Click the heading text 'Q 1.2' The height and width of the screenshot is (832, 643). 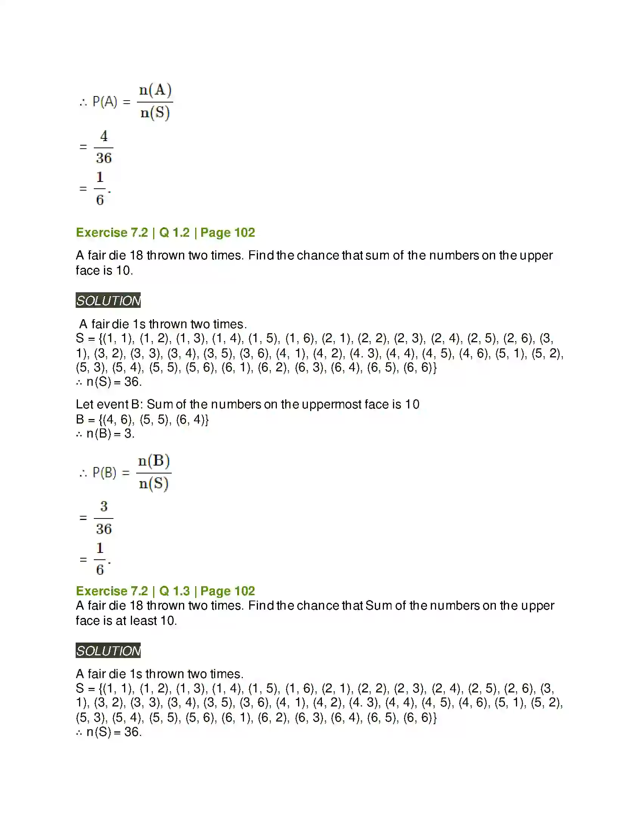pos(174,232)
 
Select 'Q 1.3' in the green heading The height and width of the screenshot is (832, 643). pos(174,591)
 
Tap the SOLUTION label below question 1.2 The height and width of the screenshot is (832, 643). pos(108,301)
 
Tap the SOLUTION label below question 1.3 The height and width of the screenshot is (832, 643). pos(108,651)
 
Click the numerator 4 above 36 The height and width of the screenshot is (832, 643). pos(104,136)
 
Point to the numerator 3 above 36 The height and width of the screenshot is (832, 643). pos(104,506)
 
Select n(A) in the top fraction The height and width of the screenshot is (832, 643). pos(155,90)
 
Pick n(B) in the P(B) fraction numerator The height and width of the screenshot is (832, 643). pos(154,461)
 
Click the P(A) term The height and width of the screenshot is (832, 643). pos(105,102)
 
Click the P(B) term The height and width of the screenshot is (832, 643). pos(104,473)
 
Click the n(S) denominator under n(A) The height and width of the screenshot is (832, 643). pos(155,113)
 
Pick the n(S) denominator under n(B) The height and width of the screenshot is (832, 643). pos(154,484)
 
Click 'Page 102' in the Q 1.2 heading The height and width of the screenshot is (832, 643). pos(227,232)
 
